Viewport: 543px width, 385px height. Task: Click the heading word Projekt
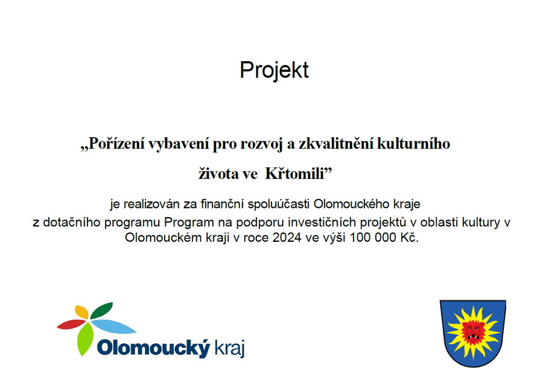[x=274, y=70]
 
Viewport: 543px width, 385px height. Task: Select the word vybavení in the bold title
[x=179, y=144]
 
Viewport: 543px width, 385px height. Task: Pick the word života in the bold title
[x=218, y=173]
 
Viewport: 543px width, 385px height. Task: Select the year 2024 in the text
[x=287, y=238]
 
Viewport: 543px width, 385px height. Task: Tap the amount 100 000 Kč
[x=384, y=238]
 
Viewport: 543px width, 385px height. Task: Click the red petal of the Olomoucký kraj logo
[x=71, y=325]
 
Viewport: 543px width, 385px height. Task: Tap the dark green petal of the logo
[x=101, y=310]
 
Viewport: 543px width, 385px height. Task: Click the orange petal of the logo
[x=81, y=312]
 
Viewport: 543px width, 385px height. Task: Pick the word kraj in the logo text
[x=230, y=348]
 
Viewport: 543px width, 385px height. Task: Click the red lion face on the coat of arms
[x=474, y=331]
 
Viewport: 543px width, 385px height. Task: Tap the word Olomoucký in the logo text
[x=154, y=348]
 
